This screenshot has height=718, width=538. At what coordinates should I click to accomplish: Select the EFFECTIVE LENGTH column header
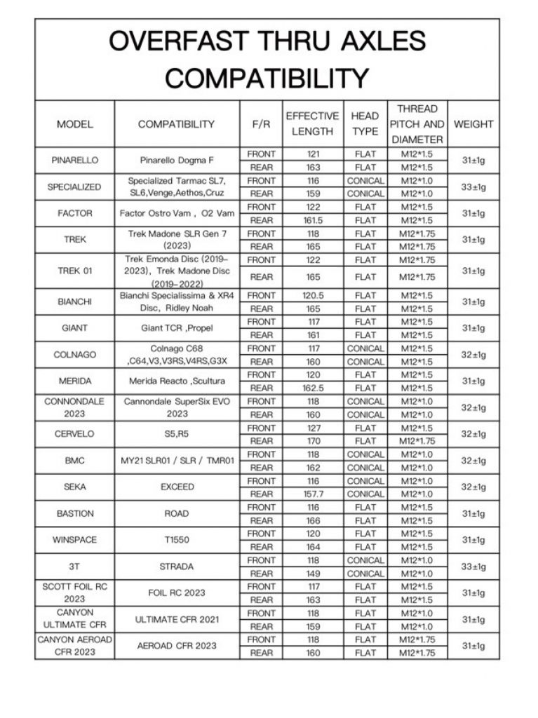[312, 124]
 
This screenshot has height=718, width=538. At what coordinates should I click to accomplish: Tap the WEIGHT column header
[473, 124]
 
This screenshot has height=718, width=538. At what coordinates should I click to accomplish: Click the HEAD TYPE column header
[365, 124]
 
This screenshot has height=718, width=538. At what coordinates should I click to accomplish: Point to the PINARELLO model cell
[75, 160]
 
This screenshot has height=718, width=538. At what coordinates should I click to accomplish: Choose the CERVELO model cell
[75, 434]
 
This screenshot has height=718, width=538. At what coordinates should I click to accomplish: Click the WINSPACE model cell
[75, 540]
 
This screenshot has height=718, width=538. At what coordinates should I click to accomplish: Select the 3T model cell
[75, 567]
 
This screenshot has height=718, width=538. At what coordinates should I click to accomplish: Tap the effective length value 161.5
[313, 220]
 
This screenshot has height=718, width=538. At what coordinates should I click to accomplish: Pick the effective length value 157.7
[313, 494]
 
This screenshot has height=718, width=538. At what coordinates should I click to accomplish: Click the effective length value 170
[313, 441]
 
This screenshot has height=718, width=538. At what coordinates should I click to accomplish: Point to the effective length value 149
[313, 573]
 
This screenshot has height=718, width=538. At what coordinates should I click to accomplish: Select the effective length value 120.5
[313, 295]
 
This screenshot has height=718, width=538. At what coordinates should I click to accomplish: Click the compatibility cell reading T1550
[177, 540]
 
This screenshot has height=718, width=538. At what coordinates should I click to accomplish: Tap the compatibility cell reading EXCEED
[177, 487]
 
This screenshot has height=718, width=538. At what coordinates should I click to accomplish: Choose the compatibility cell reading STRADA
[177, 567]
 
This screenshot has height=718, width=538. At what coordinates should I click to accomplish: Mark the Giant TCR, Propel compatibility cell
[177, 327]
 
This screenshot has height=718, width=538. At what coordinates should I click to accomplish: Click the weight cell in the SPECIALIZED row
[473, 187]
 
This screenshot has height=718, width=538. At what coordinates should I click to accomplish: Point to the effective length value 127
[313, 428]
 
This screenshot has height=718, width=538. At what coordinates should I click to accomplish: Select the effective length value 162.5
[313, 388]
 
